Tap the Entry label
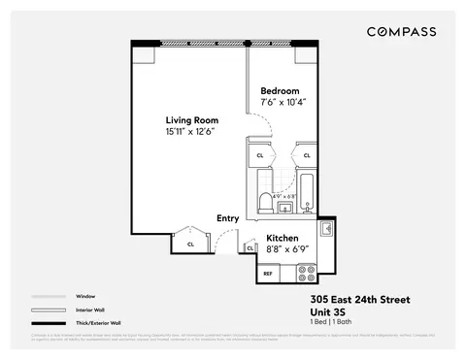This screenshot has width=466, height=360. coord(228,218)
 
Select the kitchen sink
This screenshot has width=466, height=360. coord(327,229)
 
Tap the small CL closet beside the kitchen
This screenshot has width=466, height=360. coord(250,248)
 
